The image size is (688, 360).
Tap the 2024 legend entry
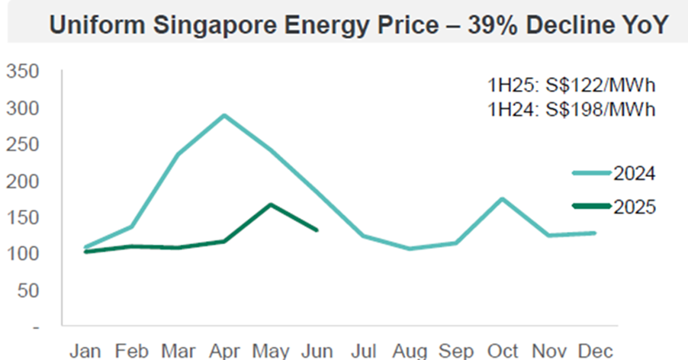(x=614, y=173)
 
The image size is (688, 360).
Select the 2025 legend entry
(x=614, y=206)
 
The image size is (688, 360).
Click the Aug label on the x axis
(x=410, y=352)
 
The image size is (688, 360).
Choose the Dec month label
(x=595, y=352)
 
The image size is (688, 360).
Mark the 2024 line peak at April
(x=223, y=115)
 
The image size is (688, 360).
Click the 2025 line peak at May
(x=270, y=204)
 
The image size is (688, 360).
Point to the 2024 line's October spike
(x=502, y=198)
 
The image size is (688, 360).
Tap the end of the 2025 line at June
(x=317, y=230)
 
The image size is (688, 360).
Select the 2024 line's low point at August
(x=410, y=249)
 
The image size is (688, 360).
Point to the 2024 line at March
(x=178, y=154)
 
